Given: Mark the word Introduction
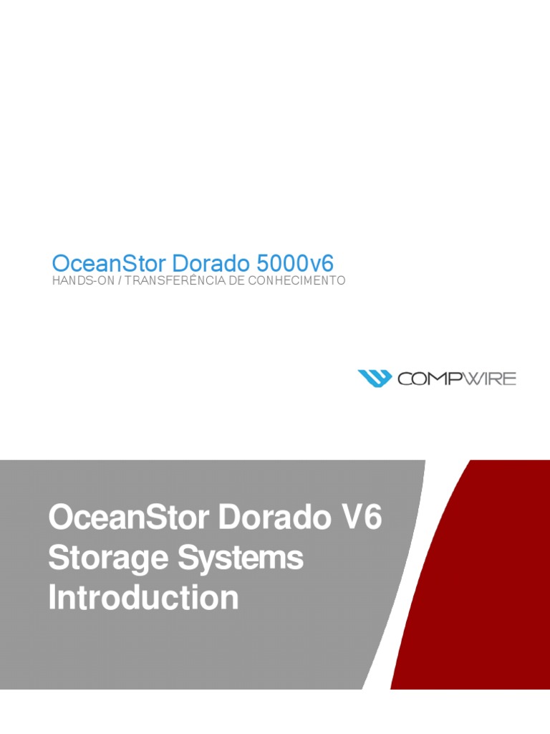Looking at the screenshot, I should coord(143,598).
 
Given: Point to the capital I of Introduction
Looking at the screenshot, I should coord(52,598).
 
